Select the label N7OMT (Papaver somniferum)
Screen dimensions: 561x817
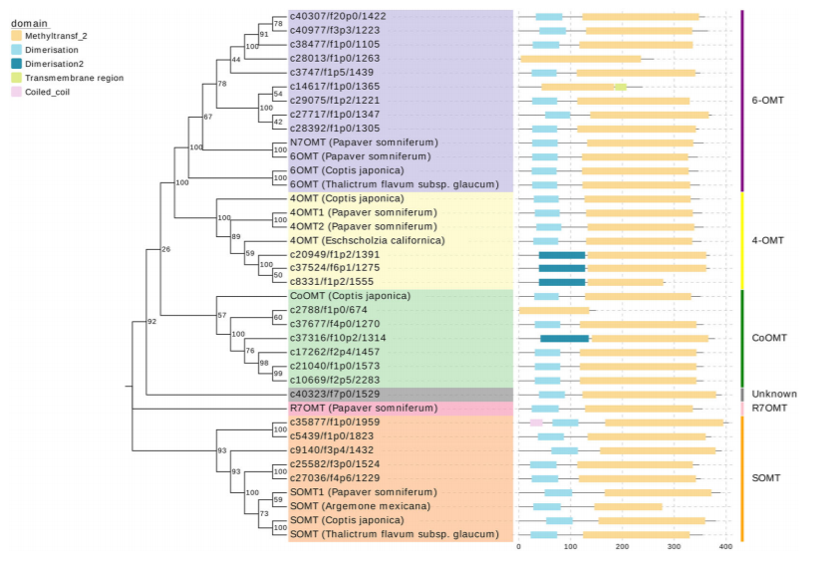coord(362,142)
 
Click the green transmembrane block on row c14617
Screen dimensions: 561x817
coord(621,87)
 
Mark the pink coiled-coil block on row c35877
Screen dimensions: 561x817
coord(536,422)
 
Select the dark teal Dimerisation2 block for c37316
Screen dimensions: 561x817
coord(564,338)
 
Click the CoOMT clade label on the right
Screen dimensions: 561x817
coord(768,338)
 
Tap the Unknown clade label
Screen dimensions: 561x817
coord(773,395)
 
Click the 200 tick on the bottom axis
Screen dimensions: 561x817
coord(621,546)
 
